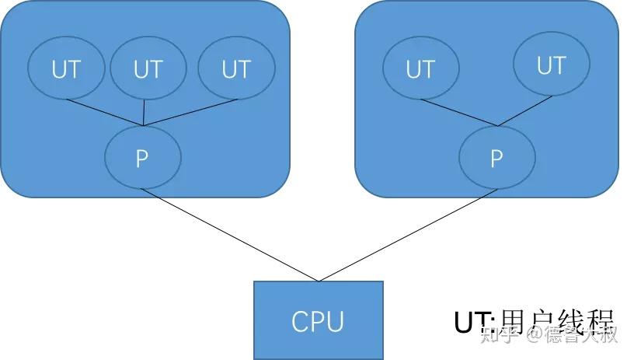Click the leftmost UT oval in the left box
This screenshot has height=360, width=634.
pos(66,69)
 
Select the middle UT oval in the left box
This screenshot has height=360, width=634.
pos(148,69)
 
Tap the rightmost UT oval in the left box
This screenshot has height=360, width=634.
pos(236,69)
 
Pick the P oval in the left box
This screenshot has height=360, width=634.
pos(142,158)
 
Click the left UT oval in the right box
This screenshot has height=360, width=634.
pos(420,69)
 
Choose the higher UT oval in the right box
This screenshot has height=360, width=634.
pos(551,65)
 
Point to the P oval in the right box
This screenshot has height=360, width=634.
pos(497,158)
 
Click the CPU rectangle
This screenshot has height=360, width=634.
pos(318,320)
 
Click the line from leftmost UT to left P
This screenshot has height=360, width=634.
pos(105,113)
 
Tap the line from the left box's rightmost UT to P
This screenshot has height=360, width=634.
pos(190,112)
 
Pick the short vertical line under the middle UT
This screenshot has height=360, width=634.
pos(145,114)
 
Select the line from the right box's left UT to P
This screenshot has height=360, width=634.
pos(458,113)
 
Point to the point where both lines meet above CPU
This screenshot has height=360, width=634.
pos(318,281)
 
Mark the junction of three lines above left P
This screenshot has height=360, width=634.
pos(144,124)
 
